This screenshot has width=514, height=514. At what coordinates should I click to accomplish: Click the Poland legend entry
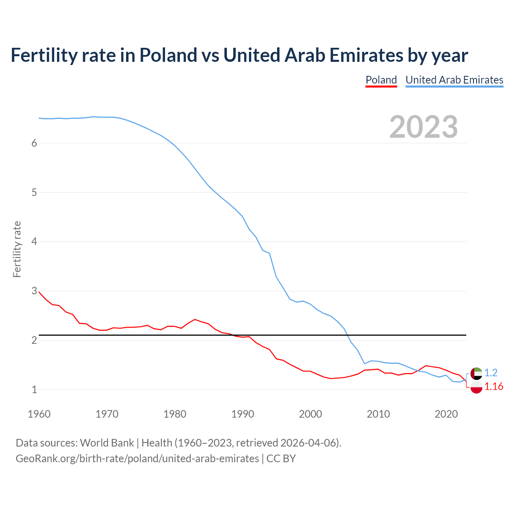pyautogui.click(x=381, y=80)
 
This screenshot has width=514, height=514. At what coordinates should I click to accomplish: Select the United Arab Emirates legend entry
pyautogui.click(x=454, y=80)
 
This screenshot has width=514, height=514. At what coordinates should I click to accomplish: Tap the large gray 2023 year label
pyautogui.click(x=423, y=127)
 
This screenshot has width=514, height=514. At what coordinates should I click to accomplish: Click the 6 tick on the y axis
pyautogui.click(x=34, y=143)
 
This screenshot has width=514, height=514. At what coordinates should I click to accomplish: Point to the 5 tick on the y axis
pyautogui.click(x=34, y=193)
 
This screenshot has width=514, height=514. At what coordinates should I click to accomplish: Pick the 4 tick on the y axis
pyautogui.click(x=34, y=242)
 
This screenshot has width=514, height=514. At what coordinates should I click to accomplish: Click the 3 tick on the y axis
pyautogui.click(x=34, y=291)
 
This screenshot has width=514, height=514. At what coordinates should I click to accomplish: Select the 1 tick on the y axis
pyautogui.click(x=34, y=390)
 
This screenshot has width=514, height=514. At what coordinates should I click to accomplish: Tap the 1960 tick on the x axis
pyautogui.click(x=39, y=414)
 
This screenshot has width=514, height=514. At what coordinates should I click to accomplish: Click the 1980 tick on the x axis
pyautogui.click(x=175, y=414)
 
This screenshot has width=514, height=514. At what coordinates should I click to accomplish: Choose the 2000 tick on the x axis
pyautogui.click(x=310, y=414)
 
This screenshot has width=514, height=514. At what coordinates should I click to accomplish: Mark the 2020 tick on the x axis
pyautogui.click(x=446, y=414)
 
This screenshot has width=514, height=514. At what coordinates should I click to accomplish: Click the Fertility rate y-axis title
pyautogui.click(x=17, y=249)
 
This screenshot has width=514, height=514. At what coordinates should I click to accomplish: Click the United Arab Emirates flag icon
pyautogui.click(x=476, y=373)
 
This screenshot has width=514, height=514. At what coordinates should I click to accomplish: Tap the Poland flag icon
pyautogui.click(x=476, y=388)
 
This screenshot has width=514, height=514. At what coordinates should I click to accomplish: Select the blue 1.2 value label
pyautogui.click(x=491, y=373)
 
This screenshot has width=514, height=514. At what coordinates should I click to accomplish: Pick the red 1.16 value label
pyautogui.click(x=494, y=387)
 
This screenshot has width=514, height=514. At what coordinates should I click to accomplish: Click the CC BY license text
pyautogui.click(x=281, y=459)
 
